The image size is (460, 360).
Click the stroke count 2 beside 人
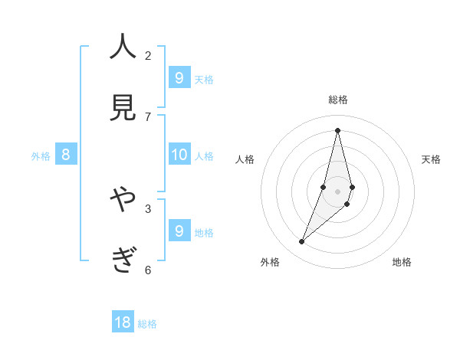[148, 55]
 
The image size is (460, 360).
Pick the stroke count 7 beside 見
[148, 116]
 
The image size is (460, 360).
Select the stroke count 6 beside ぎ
[148, 270]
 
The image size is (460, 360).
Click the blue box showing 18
[123, 322]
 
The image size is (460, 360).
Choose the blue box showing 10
[179, 155]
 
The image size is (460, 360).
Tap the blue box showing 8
[66, 155]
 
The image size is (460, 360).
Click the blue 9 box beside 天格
[179, 77]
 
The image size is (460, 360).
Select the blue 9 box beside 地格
[179, 231]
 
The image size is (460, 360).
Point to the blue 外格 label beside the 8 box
[41, 156]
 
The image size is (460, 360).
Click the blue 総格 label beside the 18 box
[147, 324]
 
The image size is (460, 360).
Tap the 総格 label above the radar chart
[338, 100]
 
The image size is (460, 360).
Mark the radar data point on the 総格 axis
[337, 130]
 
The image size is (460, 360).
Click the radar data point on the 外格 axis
[302, 242]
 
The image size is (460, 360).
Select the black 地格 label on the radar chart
[402, 262]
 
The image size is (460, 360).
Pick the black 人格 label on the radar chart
[245, 159]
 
